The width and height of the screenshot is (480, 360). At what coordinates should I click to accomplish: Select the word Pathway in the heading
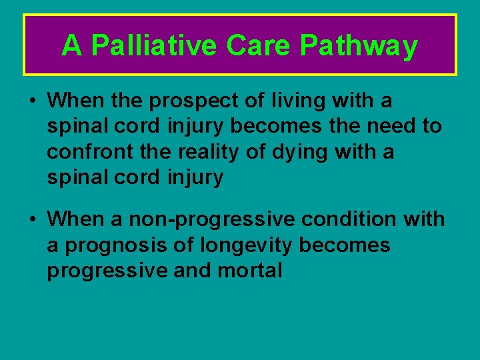coord(359,46)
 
